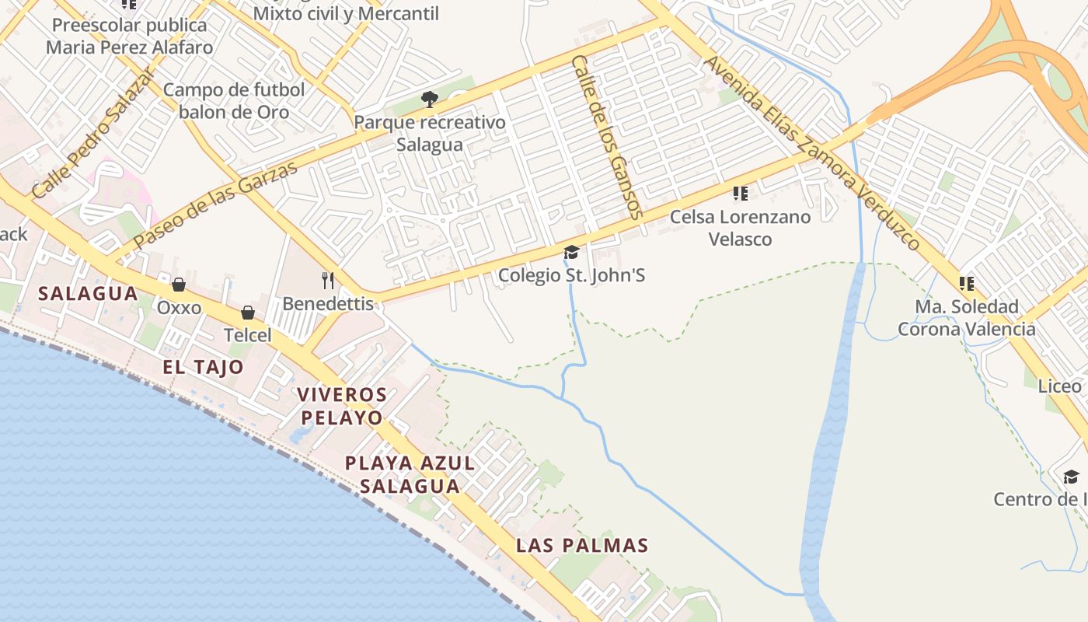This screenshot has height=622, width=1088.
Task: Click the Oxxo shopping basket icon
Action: click(x=179, y=285)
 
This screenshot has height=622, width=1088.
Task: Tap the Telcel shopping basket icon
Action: click(x=248, y=313)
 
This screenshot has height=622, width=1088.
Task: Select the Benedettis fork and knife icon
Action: click(x=328, y=280)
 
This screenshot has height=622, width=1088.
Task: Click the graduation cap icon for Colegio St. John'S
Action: click(x=571, y=252)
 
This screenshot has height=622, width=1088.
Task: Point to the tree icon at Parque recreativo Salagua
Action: click(x=429, y=99)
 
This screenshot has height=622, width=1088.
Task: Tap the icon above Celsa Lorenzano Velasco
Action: click(x=741, y=193)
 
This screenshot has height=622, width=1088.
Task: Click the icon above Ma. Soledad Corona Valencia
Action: click(x=967, y=284)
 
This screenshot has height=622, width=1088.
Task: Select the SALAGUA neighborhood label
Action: click(x=88, y=294)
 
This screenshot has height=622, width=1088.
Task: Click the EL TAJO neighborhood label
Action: click(x=203, y=367)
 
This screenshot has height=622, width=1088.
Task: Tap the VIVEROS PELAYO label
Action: click(x=342, y=406)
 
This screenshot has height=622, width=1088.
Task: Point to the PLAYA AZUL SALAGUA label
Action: click(x=410, y=474)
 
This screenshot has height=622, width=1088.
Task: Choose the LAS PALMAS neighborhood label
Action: click(x=582, y=545)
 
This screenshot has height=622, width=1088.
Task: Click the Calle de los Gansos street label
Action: click(x=607, y=136)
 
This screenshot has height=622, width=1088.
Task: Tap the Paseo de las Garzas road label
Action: click(x=216, y=205)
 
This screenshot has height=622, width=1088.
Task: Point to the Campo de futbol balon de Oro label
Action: click(x=234, y=101)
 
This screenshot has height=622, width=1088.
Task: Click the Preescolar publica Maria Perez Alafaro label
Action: click(x=129, y=36)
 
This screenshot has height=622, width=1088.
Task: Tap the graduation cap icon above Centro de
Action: click(x=1071, y=477)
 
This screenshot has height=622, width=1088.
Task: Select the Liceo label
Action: click(x=1060, y=386)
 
